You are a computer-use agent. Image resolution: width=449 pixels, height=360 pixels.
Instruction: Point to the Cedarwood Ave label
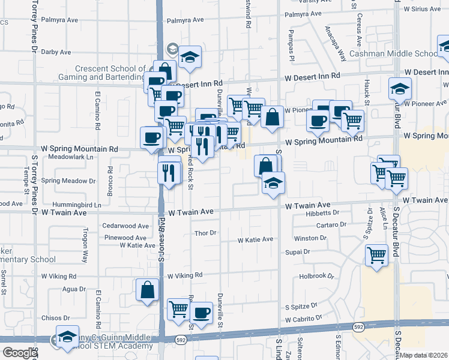coord(125,226)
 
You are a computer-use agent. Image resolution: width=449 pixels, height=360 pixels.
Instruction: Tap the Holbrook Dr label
coord(316,276)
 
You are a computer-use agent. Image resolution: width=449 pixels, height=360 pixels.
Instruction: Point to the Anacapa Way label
coord(336,44)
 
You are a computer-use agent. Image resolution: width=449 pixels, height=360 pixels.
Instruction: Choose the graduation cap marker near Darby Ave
coord(190,57)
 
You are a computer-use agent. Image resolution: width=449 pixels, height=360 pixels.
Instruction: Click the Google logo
coord(20,353)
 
